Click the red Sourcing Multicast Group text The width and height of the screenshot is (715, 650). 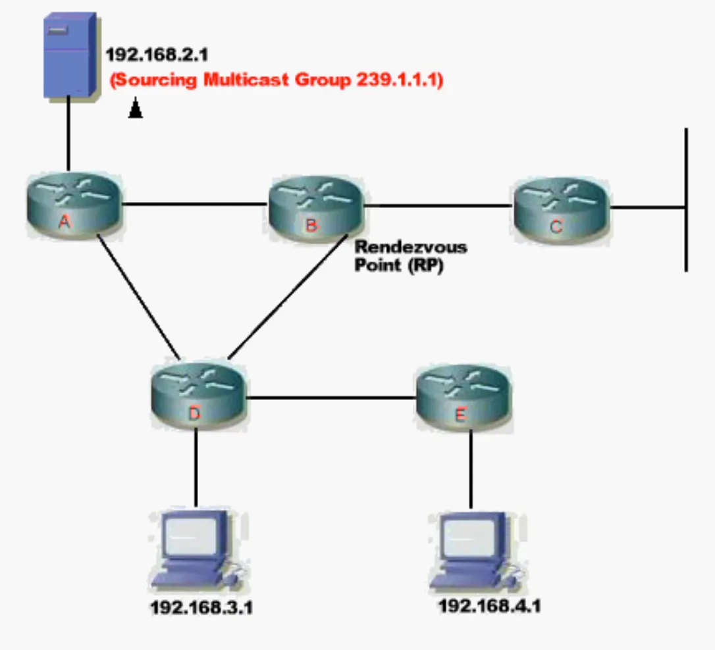point(276,80)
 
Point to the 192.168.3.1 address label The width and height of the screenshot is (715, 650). point(201,608)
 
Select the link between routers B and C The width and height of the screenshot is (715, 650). point(438,206)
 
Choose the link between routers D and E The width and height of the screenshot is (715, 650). point(331,397)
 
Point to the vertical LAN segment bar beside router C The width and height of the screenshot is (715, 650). point(686,197)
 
